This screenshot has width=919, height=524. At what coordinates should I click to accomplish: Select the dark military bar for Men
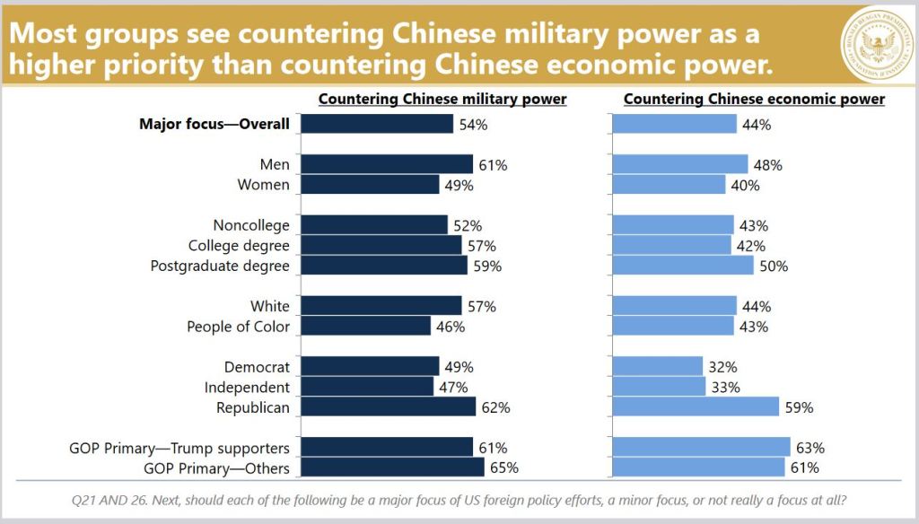[x=387, y=164]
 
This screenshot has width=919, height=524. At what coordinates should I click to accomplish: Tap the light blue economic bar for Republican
[x=696, y=407]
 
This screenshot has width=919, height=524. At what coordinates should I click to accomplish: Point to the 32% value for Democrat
[x=723, y=367]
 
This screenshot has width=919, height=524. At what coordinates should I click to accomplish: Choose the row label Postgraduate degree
[x=220, y=266]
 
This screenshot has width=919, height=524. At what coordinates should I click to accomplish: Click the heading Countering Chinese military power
[x=442, y=99]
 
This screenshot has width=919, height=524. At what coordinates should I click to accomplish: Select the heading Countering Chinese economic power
[x=754, y=99]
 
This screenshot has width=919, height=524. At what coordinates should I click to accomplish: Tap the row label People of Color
[x=238, y=327]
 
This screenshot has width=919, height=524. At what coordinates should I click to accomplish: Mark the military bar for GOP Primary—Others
[x=392, y=467]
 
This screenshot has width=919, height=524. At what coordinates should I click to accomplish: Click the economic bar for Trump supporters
[x=701, y=448]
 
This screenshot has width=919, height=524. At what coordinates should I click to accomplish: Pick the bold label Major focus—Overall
[x=214, y=124]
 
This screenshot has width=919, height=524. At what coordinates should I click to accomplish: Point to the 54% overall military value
[x=473, y=125]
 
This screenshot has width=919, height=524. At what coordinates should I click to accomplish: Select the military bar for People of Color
[x=366, y=327]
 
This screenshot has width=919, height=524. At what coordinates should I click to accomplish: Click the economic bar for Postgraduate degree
[x=683, y=266]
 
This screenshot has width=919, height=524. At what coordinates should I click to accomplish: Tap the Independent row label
[x=247, y=388]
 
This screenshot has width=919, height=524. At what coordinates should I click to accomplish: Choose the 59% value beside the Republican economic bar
[x=799, y=407]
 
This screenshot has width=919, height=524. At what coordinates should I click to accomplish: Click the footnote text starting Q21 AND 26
[x=459, y=500]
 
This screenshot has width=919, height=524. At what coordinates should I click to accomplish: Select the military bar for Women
[x=370, y=185]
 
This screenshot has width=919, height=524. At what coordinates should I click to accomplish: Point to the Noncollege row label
[x=251, y=225]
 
